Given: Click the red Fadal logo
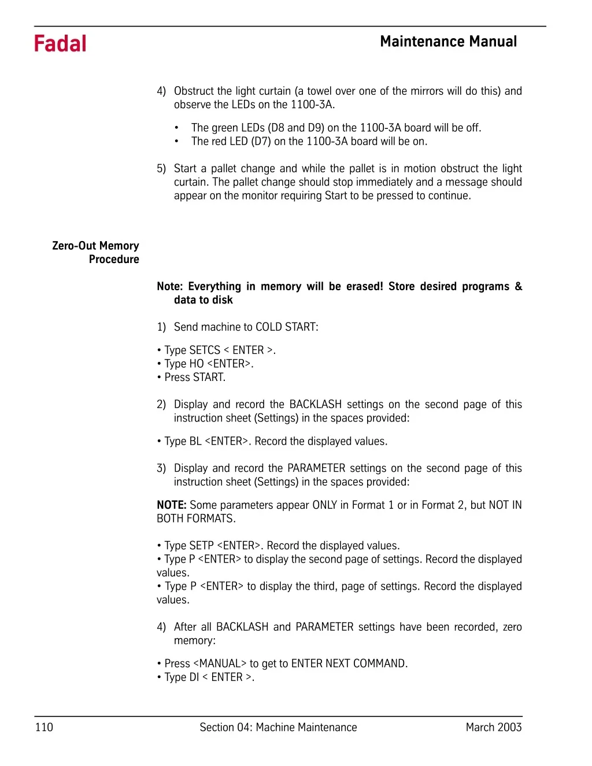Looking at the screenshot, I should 60,44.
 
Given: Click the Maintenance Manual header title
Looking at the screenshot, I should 448,42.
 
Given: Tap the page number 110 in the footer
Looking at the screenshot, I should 44,727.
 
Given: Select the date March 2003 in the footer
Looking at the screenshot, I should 493,727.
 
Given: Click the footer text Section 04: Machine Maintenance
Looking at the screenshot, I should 278,727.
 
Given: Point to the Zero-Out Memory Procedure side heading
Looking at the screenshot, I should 96,253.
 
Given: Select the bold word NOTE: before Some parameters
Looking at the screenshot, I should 171,505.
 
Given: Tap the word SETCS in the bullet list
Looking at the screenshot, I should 205,350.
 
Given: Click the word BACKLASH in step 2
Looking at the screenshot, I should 315,405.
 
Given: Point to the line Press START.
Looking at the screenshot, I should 195,378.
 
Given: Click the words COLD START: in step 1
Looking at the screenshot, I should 287,327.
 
